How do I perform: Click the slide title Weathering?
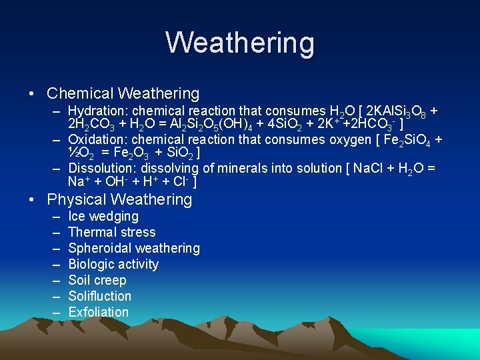[x=240, y=43]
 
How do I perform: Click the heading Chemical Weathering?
[x=123, y=93]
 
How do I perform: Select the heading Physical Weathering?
[x=119, y=199]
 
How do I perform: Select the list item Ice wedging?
[x=103, y=216]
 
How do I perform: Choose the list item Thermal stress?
[x=112, y=232]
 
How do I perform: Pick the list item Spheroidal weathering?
[x=134, y=248]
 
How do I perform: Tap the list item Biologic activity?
[x=113, y=264]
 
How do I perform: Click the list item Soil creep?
[x=97, y=280]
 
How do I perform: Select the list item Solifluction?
[x=100, y=296]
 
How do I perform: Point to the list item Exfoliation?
[x=99, y=312]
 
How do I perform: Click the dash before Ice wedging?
[x=53, y=216]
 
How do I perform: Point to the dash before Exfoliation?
[x=53, y=312]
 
